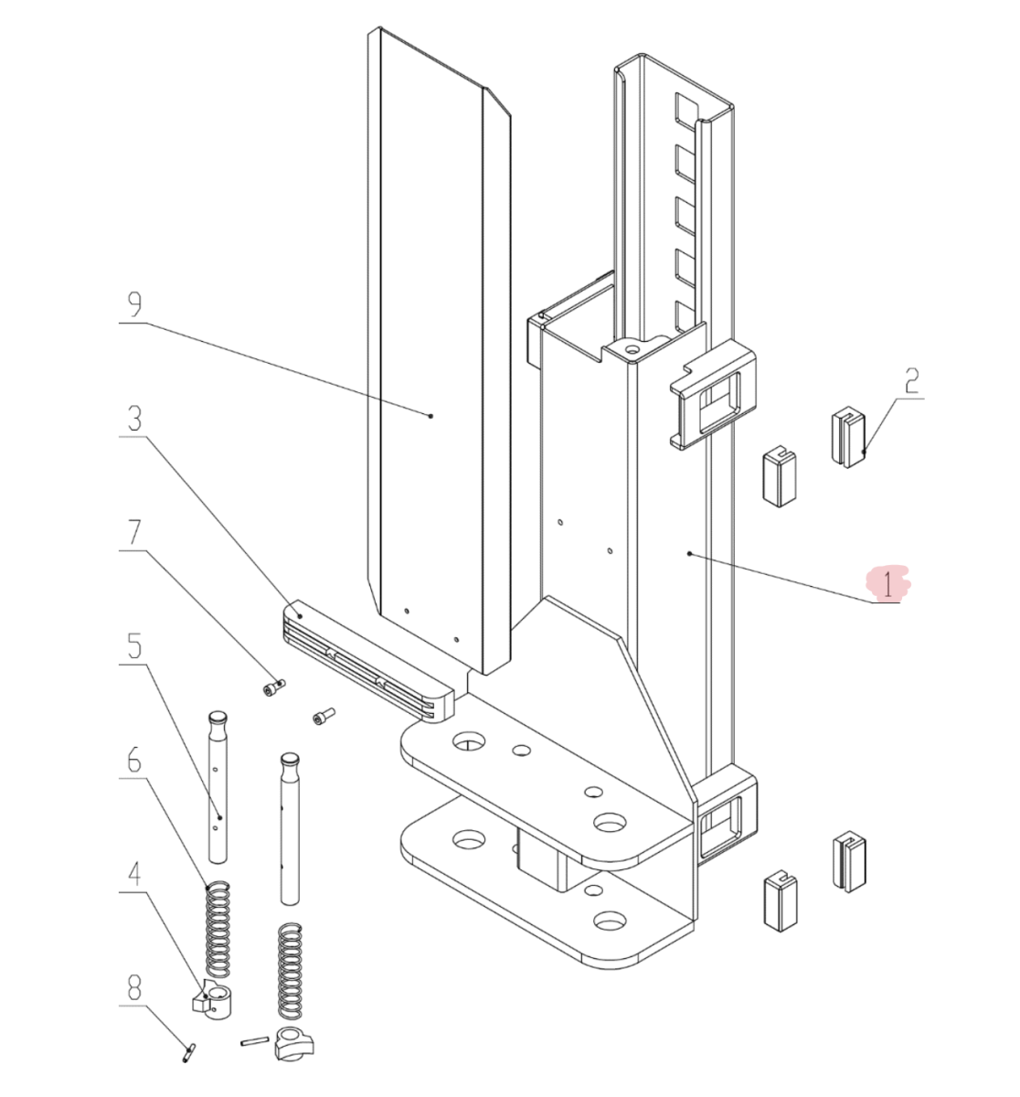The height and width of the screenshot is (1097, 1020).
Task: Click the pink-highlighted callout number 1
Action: [x=887, y=584]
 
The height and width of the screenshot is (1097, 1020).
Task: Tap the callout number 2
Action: [x=911, y=380]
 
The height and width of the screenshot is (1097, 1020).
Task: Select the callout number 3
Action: [x=134, y=419]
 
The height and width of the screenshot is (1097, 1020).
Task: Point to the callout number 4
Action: [x=134, y=874]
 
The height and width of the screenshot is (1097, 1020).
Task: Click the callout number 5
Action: [x=134, y=645]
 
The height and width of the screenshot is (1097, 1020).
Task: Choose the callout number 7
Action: [x=134, y=532]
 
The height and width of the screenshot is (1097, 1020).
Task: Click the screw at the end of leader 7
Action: [x=273, y=687]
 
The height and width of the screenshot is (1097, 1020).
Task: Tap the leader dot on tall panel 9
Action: [x=431, y=416]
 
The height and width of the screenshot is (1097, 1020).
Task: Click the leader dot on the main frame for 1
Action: [x=690, y=553]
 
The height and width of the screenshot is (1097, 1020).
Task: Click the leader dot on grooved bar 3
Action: [x=300, y=616]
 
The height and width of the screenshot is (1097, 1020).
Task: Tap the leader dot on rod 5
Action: [x=219, y=818]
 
